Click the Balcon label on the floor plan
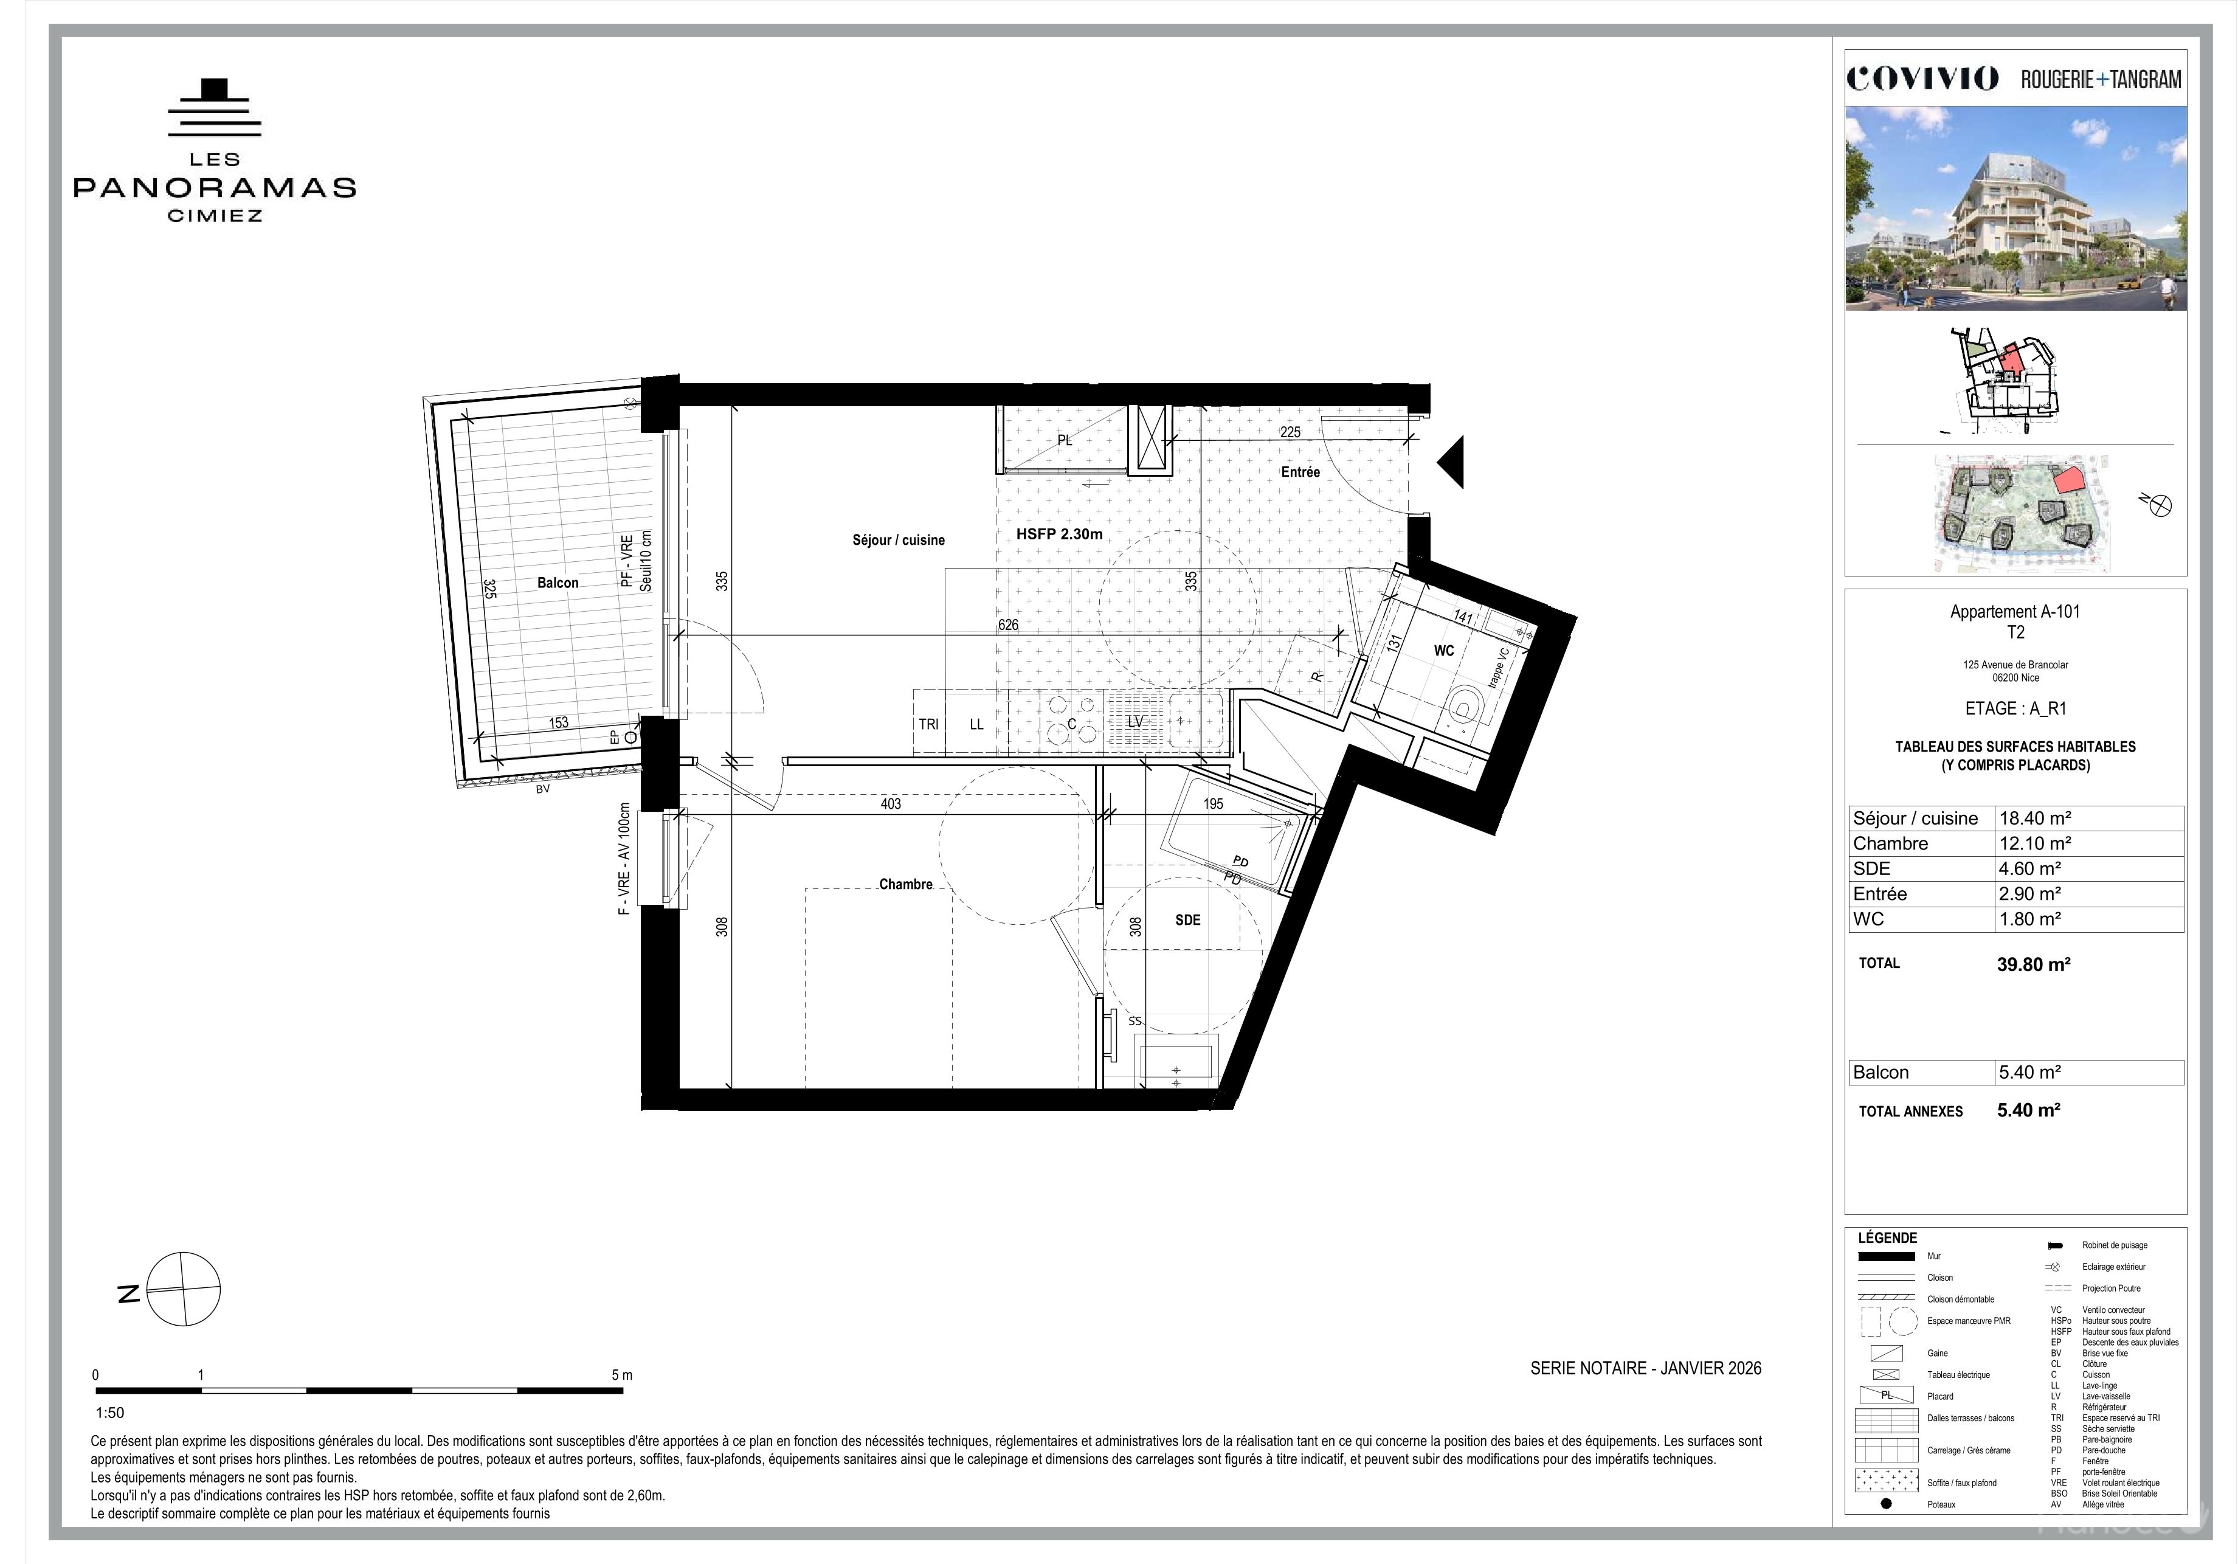[x=558, y=583]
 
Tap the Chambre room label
[x=905, y=884]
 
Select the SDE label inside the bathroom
[x=1187, y=919]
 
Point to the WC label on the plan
[x=1443, y=651]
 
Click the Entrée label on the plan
[x=1300, y=472]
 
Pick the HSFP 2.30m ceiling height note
[x=1060, y=535]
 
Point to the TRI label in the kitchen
[x=928, y=724]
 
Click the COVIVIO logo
[x=1922, y=79]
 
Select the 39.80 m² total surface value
[x=2033, y=964]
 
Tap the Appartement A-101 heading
[x=2015, y=612]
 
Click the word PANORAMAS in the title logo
[x=215, y=187]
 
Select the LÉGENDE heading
[x=1887, y=1238]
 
